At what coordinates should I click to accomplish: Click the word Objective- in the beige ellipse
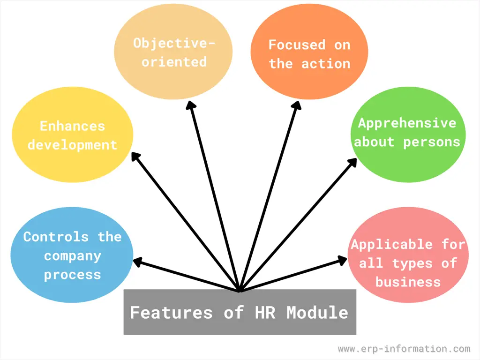coord(174,44)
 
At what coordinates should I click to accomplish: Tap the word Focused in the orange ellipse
coord(297,45)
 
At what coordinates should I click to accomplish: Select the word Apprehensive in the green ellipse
coord(407,124)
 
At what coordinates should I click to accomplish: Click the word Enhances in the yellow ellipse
coord(72,126)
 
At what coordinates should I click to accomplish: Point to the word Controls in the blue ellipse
coord(56,237)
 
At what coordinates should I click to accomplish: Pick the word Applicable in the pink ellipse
coord(392,245)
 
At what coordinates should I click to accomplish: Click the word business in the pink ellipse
coord(408,282)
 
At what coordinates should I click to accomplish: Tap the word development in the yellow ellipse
coord(72,145)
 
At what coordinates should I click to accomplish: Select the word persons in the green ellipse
coord(432,142)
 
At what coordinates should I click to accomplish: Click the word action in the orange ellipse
coord(326,64)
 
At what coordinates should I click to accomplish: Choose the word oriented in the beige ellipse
coord(174,62)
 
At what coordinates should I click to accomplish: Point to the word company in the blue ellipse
coord(73,256)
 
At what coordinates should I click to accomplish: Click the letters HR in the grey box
coord(265,313)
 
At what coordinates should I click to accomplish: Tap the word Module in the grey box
coord(317,313)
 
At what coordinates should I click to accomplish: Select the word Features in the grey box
coord(171,313)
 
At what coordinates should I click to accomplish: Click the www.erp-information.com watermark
coord(404,349)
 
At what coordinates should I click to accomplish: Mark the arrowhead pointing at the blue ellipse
coord(138,262)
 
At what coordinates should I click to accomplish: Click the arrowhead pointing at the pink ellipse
coord(342,260)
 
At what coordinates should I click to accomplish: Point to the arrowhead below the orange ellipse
coord(297,105)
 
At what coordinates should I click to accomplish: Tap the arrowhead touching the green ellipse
coord(352,162)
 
